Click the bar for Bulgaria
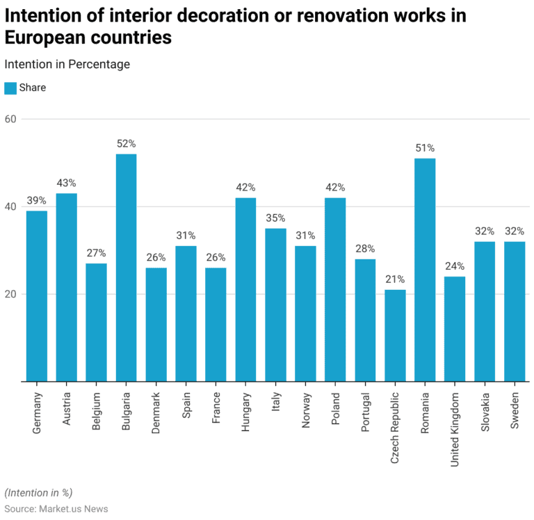[126, 268]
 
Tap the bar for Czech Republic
[395, 335]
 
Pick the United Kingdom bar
[455, 329]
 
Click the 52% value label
[126, 143]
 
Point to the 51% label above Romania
[425, 147]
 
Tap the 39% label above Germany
[36, 200]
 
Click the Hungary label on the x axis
[246, 413]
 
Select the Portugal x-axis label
[366, 413]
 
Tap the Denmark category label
[156, 414]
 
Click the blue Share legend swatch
[10, 88]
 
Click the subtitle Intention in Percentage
[67, 64]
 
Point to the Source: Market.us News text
[56, 509]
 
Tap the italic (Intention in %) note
[38, 493]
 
